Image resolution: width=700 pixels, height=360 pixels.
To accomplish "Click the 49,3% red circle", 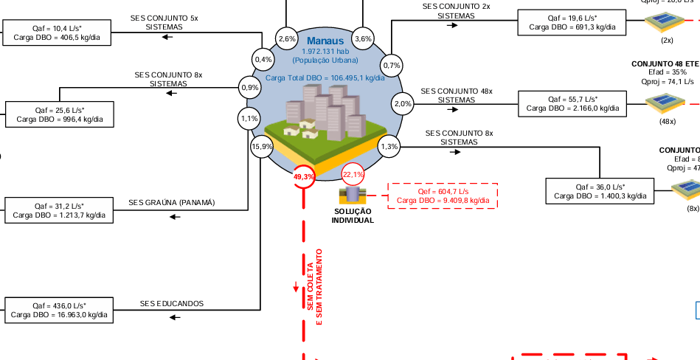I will [304, 177].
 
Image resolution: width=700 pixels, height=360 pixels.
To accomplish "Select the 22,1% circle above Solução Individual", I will [353, 175].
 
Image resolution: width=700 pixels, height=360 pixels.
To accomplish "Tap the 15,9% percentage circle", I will [263, 147].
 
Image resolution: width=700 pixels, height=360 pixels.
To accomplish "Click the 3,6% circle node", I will [363, 38].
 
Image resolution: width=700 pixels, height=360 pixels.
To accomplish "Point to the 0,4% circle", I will [263, 59].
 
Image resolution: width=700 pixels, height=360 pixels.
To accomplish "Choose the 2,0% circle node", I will [403, 103].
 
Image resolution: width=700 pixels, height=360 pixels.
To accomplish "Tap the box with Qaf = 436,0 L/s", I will [59, 310].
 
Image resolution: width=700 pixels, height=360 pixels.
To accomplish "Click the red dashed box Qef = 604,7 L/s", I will [443, 195].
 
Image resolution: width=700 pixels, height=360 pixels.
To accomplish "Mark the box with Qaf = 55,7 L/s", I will [572, 103].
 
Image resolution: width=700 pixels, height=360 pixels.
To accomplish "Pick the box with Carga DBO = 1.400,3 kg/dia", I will [600, 191].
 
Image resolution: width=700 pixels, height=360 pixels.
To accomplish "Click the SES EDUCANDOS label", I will [172, 303].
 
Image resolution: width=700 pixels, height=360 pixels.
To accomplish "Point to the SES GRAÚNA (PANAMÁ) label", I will [171, 202].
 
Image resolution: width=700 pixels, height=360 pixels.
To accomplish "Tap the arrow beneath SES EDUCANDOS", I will [174, 317].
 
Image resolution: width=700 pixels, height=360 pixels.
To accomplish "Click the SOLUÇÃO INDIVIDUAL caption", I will [353, 215].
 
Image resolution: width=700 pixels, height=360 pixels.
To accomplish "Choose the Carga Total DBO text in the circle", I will [325, 77].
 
